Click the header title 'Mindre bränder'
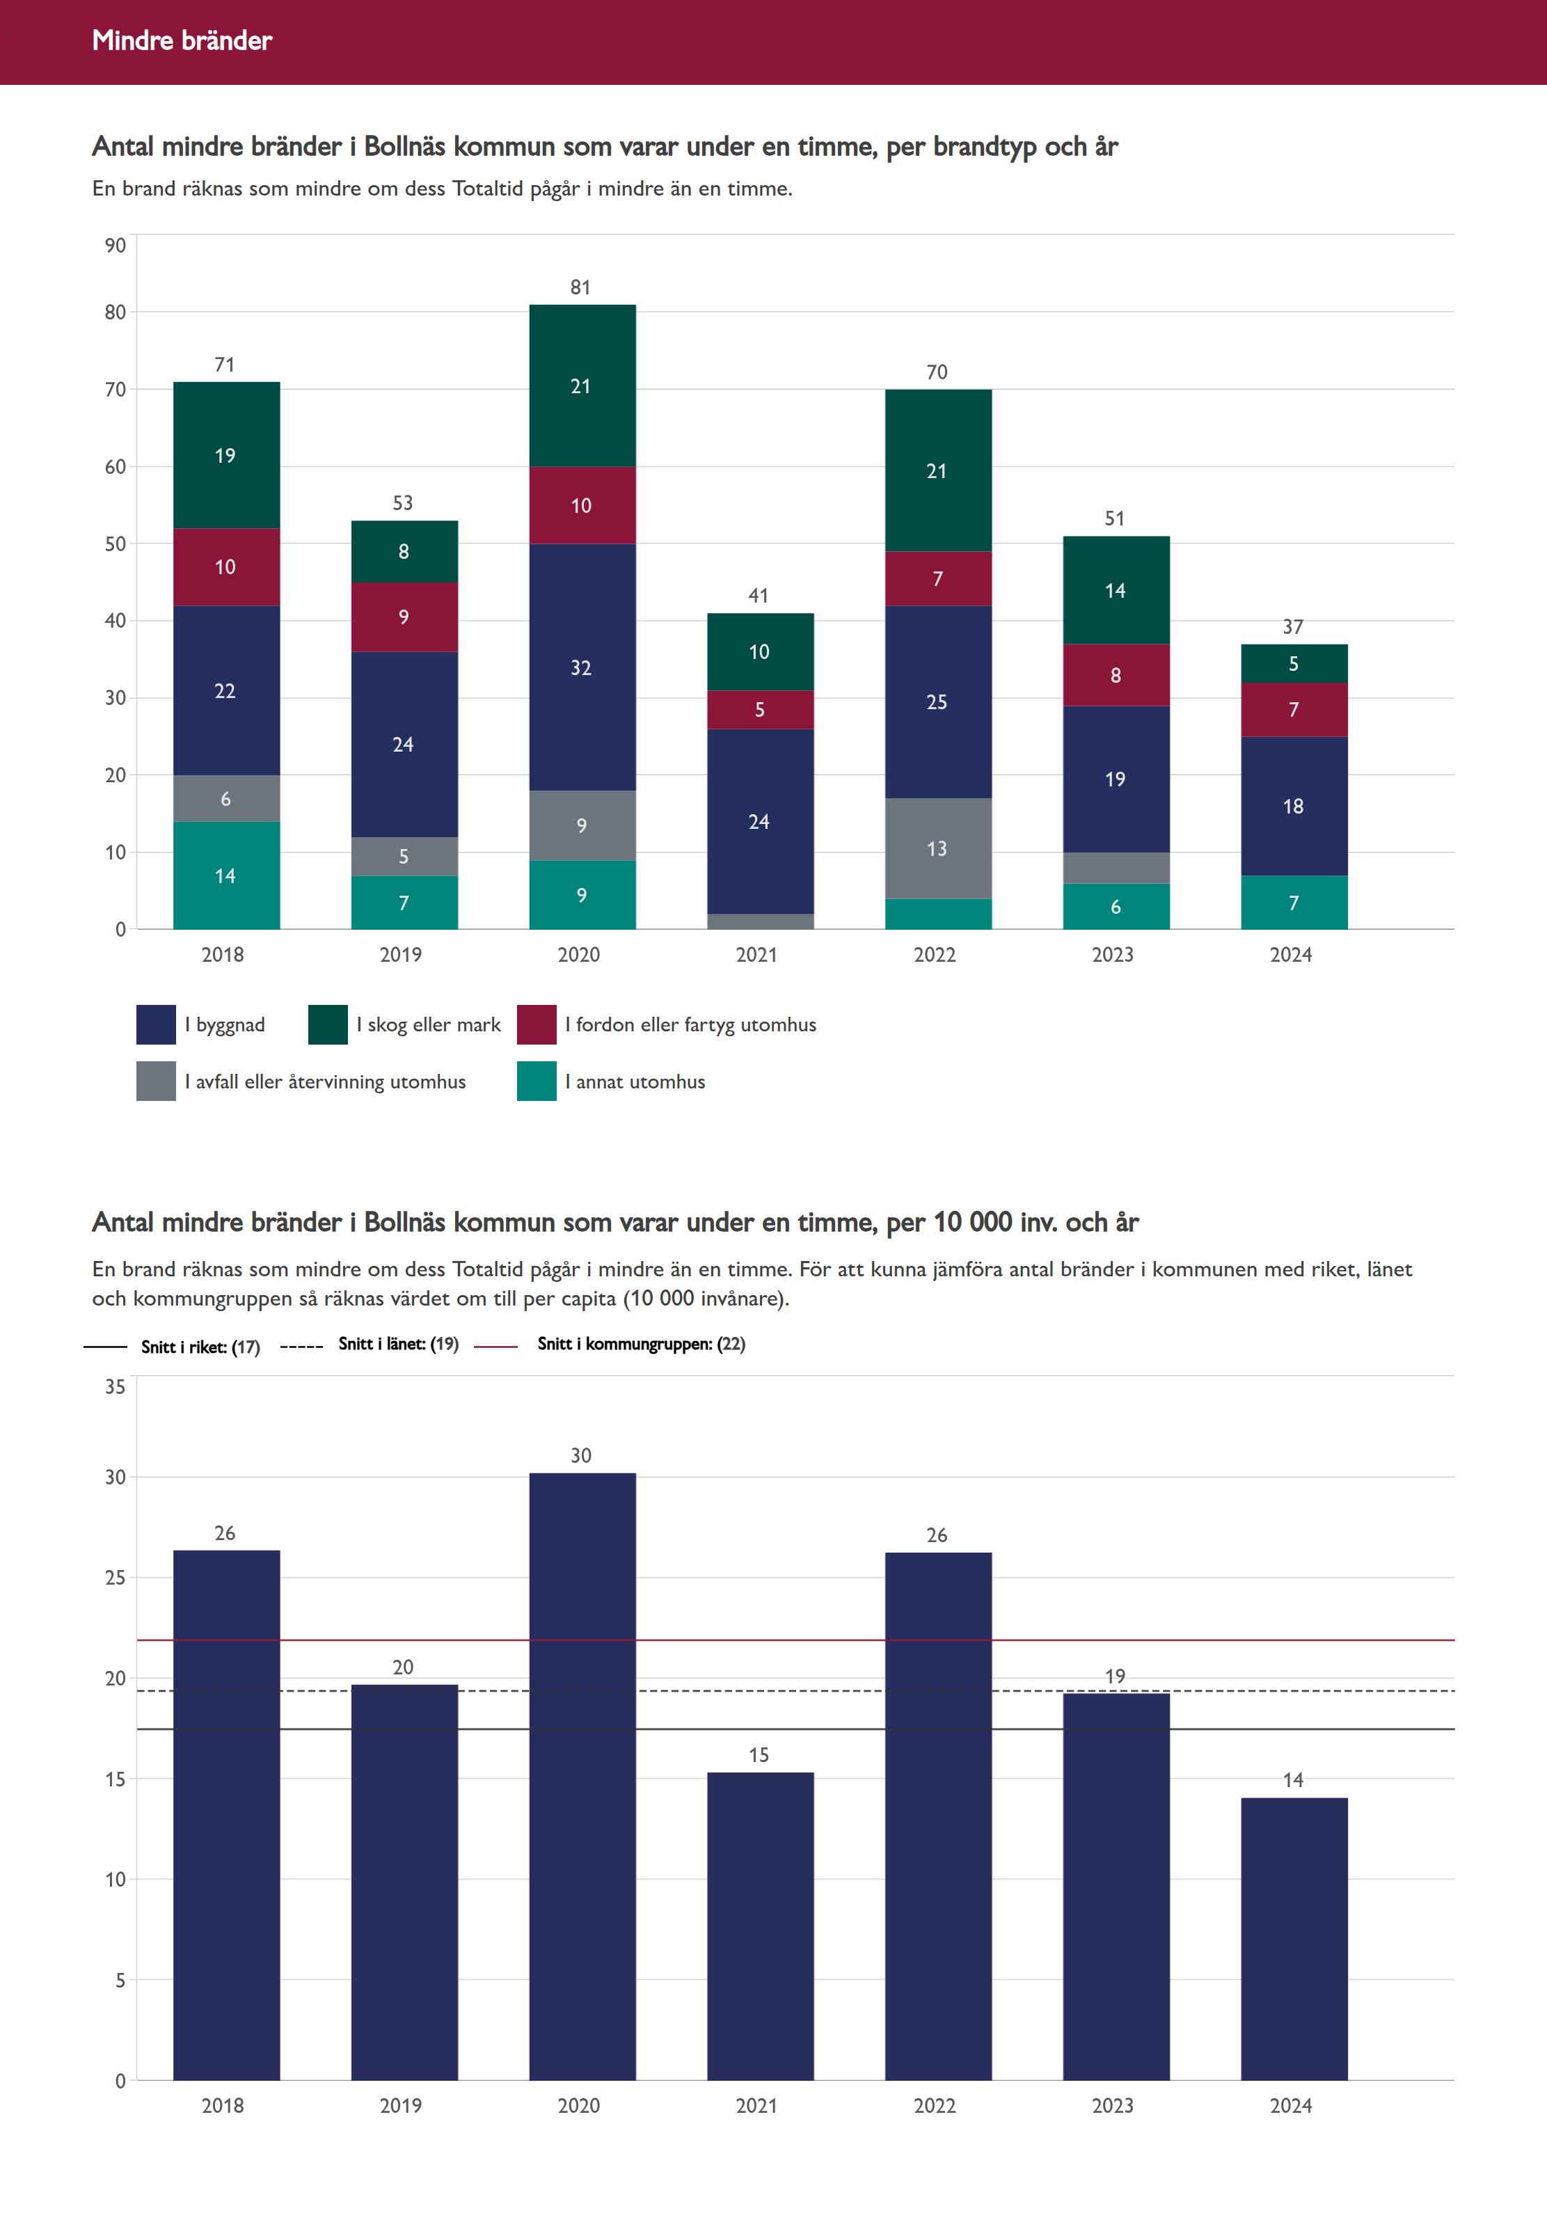click(182, 40)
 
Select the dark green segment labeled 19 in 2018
click(226, 456)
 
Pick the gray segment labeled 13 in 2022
click(937, 848)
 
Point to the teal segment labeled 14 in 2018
click(226, 875)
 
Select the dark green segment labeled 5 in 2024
click(1293, 664)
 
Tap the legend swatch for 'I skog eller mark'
click(328, 1024)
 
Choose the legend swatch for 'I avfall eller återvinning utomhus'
click(156, 1081)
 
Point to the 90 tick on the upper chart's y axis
click(116, 245)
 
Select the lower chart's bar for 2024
click(1293, 1938)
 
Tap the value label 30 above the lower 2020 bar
click(580, 1456)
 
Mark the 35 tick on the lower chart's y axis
click(116, 1387)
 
